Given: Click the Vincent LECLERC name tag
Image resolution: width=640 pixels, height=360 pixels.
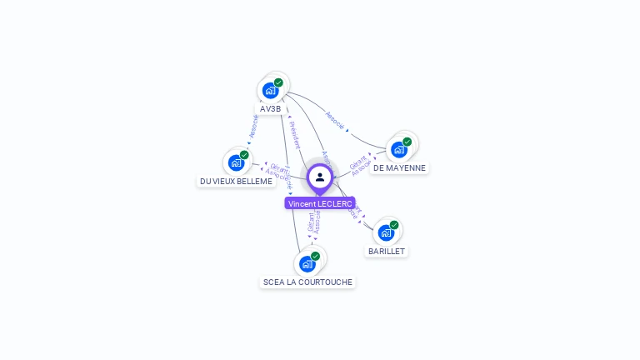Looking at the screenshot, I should pos(320,203).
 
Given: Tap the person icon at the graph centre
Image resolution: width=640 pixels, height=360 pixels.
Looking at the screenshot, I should pos(320,177).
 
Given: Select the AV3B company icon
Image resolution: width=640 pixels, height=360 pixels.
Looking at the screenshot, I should pos(270,90).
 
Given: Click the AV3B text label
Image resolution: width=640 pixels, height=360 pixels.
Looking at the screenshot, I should pos(271,109).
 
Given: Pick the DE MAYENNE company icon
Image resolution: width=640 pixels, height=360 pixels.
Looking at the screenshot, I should pos(399,149).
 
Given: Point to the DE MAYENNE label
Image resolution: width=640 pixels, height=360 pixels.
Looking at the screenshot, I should pos(399,167).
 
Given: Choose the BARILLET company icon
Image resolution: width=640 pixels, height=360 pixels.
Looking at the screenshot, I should pos(386,232).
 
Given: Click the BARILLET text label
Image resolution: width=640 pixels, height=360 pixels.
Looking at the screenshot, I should pos(387,251).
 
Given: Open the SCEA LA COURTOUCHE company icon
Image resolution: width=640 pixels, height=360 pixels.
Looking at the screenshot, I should pos(307,264).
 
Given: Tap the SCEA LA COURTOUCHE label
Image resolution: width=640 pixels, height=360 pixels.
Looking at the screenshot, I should pos(307,282).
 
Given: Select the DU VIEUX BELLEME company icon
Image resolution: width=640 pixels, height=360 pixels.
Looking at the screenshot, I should pos(236,162).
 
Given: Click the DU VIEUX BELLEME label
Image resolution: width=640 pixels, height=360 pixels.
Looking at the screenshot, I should pos(237,181).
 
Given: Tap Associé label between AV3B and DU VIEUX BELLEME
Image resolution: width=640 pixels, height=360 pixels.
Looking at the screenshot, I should pos(254,127).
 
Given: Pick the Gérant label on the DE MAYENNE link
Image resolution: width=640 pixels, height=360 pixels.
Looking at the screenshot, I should pos(357,162).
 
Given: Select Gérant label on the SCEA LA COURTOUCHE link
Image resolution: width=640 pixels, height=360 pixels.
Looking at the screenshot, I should pos(311,221).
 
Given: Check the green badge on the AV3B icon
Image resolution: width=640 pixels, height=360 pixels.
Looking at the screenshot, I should pos(278,82).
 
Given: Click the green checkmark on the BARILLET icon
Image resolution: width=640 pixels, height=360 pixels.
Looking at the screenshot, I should pos(394,225).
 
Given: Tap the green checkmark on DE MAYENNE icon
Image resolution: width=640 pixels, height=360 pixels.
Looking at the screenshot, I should pos(407,142).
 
